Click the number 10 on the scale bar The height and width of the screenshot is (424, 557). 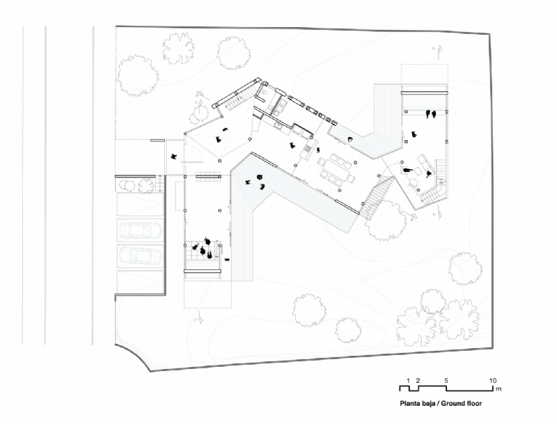point(492,380)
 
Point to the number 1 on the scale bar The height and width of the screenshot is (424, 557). point(409,380)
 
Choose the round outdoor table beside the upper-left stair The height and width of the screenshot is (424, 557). point(200,111)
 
